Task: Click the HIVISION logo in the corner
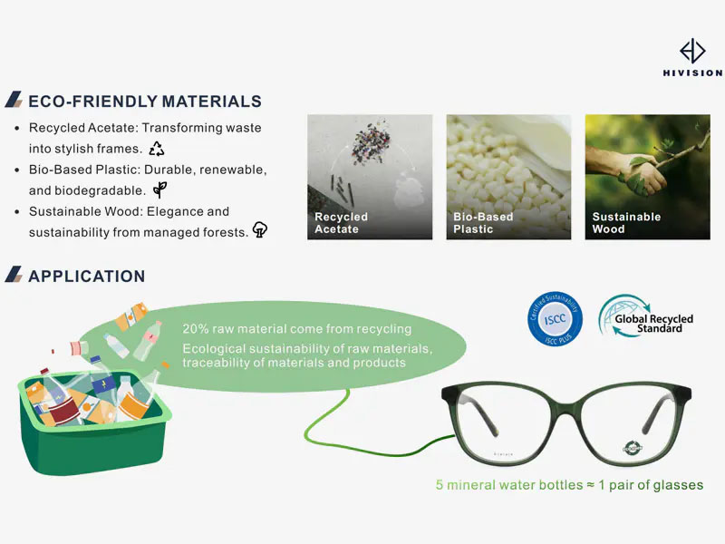click(692, 57)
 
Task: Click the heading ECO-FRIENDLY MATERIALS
click(145, 102)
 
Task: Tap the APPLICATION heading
click(86, 276)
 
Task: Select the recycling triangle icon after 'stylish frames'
click(157, 148)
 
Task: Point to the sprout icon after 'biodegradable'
click(159, 189)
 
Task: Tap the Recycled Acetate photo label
click(341, 223)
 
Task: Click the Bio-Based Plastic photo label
click(483, 223)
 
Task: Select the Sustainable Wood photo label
click(626, 223)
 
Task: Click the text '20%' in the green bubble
click(196, 329)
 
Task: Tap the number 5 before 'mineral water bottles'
click(440, 485)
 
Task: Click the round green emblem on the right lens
click(633, 446)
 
